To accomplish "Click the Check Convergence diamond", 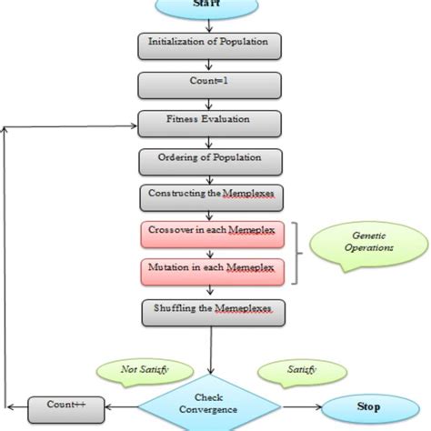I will [x=209, y=403].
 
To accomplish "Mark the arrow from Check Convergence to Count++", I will [x=117, y=406].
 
